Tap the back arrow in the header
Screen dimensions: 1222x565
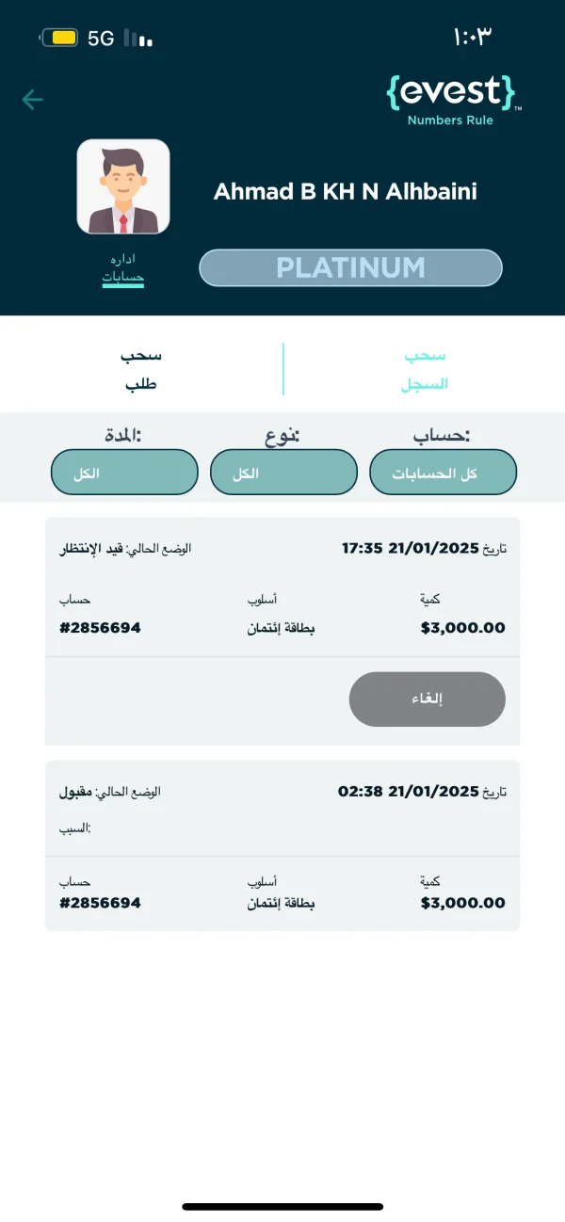point(33,100)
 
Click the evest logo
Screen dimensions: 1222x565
point(452,98)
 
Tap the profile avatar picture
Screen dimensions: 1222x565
point(123,186)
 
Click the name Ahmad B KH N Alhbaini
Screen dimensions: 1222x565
point(346,192)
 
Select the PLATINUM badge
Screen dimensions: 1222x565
point(350,267)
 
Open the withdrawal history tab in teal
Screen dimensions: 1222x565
point(426,369)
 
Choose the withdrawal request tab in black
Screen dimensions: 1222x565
point(140,369)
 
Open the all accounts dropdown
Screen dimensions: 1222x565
point(444,473)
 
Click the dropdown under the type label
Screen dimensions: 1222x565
point(283,473)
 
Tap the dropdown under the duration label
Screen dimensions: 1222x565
point(124,473)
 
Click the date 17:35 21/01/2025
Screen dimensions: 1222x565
point(410,548)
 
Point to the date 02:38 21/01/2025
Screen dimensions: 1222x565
point(408,792)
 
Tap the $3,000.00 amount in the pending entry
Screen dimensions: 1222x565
point(462,628)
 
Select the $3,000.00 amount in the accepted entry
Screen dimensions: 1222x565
point(462,903)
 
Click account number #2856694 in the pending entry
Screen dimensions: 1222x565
point(100,628)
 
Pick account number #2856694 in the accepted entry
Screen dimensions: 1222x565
point(100,903)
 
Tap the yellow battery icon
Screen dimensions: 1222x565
point(60,39)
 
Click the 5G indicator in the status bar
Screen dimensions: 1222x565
point(101,39)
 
